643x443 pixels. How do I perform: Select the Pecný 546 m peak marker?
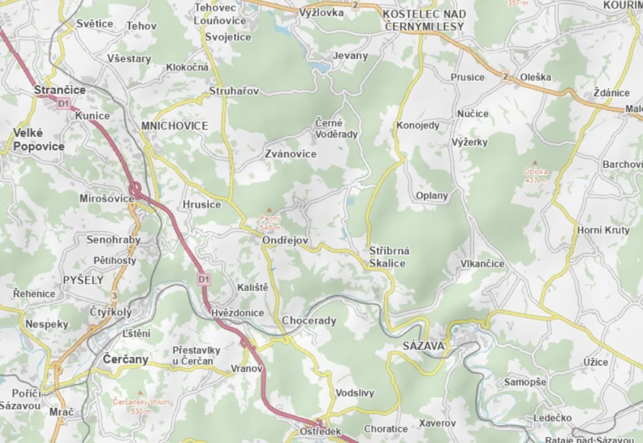point(269,210)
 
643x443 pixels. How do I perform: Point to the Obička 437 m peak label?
point(535,175)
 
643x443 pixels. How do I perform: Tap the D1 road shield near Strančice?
point(64,103)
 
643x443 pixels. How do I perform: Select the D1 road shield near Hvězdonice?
point(204,279)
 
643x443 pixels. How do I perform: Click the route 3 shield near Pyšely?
point(115,296)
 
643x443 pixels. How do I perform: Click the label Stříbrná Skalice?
point(389,257)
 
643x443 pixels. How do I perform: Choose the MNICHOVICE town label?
point(174,126)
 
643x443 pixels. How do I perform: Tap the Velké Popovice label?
point(39,140)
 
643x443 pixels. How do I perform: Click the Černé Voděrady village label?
point(336,128)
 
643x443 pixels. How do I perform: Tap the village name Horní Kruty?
point(603,230)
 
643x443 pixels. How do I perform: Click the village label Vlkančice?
point(482,264)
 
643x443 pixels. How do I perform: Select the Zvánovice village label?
point(291,153)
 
